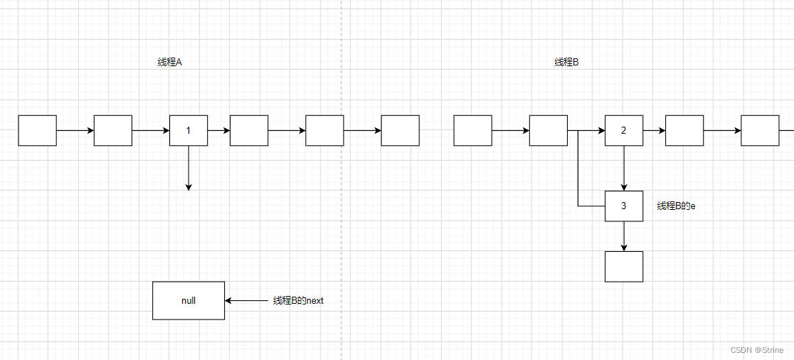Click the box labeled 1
[x=188, y=130]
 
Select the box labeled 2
[x=623, y=130]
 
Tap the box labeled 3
[x=623, y=206]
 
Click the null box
[x=188, y=300]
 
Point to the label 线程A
[x=169, y=63]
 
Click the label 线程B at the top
[x=566, y=63]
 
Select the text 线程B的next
[x=298, y=301]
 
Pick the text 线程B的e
[x=676, y=206]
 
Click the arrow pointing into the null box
[x=246, y=300]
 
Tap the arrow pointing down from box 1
[x=189, y=168]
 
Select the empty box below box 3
[x=623, y=266]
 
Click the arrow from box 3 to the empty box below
[x=624, y=236]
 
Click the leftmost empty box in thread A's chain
[x=37, y=130]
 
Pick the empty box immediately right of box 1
[x=249, y=130]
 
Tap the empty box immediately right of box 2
[x=684, y=130]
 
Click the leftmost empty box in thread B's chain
[x=472, y=130]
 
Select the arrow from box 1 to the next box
[x=218, y=130]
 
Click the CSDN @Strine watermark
[x=758, y=350]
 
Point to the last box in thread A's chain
[x=400, y=130]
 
